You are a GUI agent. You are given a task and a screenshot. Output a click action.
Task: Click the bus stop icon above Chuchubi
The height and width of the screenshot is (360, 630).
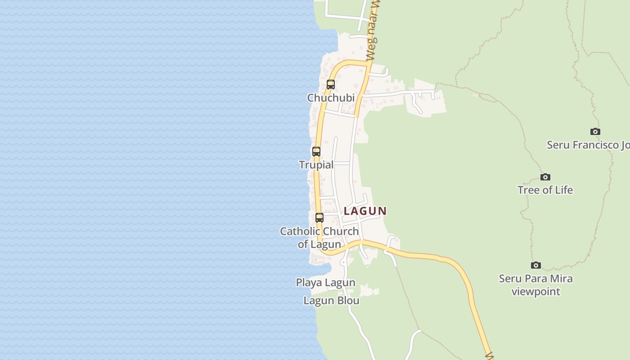tap(331, 84)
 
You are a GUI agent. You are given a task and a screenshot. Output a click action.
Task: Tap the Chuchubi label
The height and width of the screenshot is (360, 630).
tap(331, 98)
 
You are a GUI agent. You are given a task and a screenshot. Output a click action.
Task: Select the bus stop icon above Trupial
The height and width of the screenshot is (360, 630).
tap(316, 152)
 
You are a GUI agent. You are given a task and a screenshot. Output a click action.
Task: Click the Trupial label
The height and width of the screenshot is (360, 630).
tap(316, 165)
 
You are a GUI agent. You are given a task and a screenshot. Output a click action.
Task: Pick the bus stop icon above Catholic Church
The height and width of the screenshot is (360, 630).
tap(319, 218)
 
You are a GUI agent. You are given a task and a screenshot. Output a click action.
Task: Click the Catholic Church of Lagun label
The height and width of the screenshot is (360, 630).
tap(319, 238)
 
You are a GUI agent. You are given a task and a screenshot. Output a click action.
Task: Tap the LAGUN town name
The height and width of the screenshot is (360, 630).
tap(365, 211)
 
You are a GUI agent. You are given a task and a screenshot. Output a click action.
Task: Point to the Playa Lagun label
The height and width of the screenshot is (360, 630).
tap(325, 283)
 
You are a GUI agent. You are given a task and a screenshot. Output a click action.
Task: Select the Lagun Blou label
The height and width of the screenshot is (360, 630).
tap(331, 301)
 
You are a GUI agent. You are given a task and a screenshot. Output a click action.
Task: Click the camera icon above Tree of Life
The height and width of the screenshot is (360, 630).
tap(545, 177)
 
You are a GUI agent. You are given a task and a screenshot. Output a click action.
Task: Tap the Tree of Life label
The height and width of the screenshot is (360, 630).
tap(545, 190)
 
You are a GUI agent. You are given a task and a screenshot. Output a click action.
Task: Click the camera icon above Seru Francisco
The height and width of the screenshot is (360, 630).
tap(595, 132)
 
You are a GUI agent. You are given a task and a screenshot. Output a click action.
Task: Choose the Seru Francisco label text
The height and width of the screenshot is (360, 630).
tap(588, 145)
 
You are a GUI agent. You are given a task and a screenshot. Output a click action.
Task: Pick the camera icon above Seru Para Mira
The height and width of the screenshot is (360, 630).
tap(536, 265)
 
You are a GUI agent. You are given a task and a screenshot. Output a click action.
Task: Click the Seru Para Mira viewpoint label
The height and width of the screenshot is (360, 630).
tap(535, 285)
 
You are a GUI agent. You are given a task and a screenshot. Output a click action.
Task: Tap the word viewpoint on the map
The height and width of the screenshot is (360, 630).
tap(535, 292)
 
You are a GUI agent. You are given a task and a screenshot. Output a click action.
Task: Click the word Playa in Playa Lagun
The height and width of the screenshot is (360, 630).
tap(309, 283)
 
